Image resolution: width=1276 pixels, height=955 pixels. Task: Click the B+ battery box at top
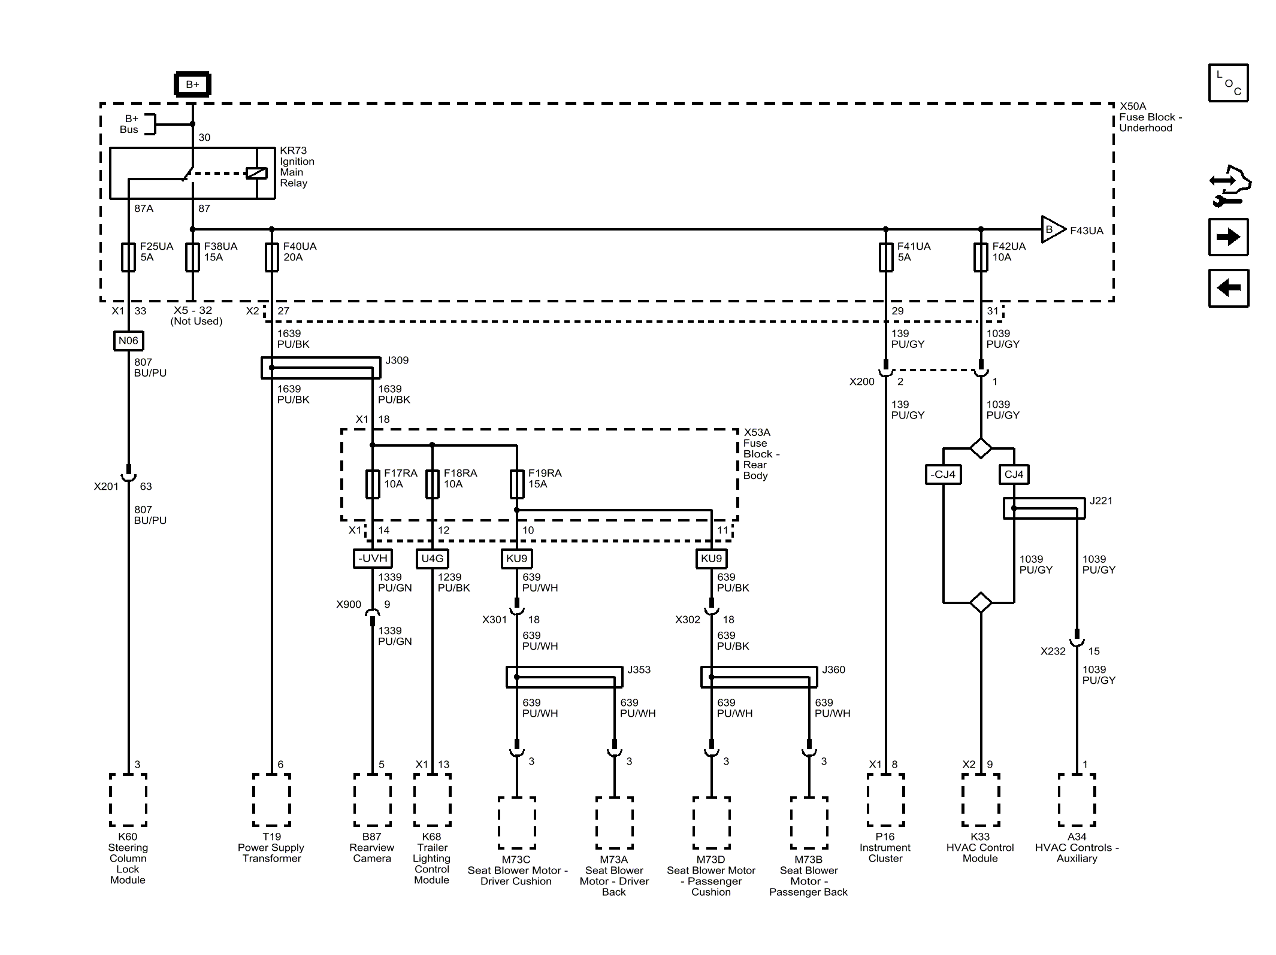[192, 84]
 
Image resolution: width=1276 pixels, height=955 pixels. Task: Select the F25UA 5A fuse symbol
[128, 257]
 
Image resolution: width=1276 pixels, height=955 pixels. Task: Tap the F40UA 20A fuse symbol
[271, 257]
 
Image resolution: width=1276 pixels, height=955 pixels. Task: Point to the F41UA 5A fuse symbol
[885, 257]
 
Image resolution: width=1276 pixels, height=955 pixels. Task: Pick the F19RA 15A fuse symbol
[517, 484]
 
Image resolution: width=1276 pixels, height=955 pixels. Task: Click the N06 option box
[128, 341]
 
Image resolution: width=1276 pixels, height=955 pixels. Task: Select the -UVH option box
[373, 559]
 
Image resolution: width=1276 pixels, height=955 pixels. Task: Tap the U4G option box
[433, 559]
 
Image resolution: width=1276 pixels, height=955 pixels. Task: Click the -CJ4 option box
[944, 475]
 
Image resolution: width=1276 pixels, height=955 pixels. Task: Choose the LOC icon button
[1228, 83]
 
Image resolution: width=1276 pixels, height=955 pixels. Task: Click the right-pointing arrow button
[1228, 237]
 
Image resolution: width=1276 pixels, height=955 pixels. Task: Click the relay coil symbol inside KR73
[256, 173]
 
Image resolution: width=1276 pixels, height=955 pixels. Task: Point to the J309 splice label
[397, 360]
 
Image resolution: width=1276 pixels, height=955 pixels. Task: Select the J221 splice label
[1101, 501]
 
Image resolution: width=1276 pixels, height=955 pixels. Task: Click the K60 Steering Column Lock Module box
[128, 800]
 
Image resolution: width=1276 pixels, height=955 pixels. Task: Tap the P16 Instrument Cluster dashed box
[885, 800]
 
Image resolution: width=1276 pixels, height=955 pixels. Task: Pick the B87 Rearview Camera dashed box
[373, 800]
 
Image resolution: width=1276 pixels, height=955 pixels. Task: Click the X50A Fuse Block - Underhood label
[1150, 117]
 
